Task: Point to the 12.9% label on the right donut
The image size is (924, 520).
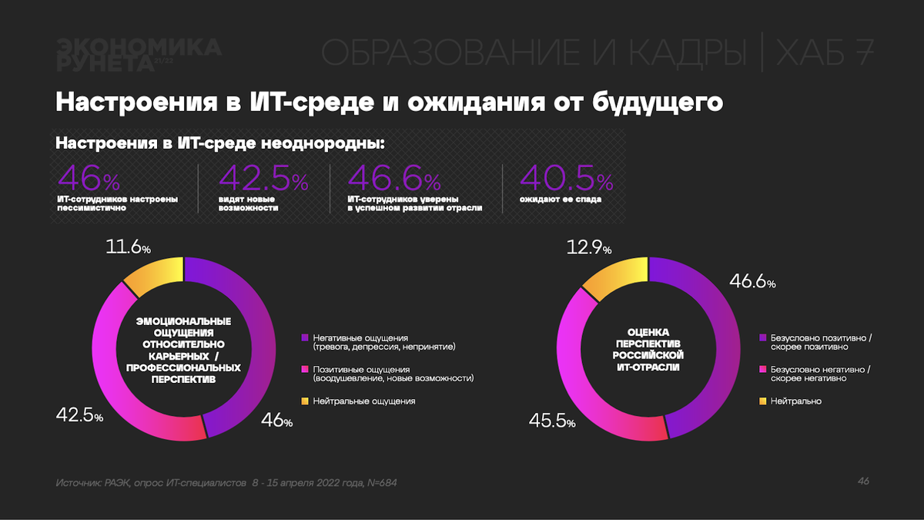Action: click(x=588, y=247)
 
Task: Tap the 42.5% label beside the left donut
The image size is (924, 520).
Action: click(x=79, y=415)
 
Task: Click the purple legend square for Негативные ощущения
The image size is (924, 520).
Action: click(x=305, y=337)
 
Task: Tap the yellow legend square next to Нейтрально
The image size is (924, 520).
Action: click(x=763, y=401)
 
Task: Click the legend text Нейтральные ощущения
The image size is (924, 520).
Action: click(x=364, y=401)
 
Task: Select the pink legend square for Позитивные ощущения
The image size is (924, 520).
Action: click(x=305, y=369)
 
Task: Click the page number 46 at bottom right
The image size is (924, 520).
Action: click(x=863, y=481)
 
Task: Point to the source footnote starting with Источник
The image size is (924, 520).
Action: click(x=227, y=482)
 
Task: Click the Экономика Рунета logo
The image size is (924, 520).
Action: click(x=139, y=54)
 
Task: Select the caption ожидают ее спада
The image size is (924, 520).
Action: click(x=550, y=200)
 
